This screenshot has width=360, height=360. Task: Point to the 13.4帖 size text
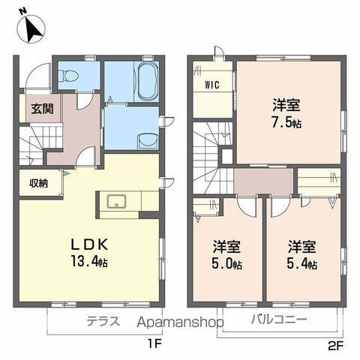coord(91,262)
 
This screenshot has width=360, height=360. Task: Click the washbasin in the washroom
coord(148,139)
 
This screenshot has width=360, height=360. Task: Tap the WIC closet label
coord(211,84)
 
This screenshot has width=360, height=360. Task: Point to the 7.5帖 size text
coord(288,121)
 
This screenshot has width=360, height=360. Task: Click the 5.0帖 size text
coord(226,264)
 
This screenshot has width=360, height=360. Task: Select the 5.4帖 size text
coord(301,264)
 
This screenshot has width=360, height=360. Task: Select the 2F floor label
coord(334,344)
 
